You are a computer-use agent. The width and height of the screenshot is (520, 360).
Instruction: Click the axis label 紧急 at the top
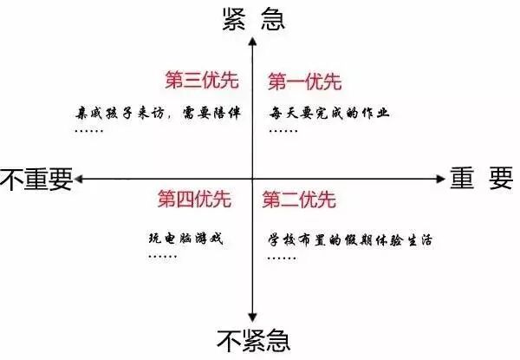click(x=253, y=16)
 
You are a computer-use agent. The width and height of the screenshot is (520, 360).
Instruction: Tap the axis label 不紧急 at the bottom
click(x=251, y=338)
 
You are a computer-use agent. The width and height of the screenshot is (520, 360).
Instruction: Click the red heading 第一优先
click(x=304, y=82)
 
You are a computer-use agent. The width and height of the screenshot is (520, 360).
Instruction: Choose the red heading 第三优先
click(x=199, y=80)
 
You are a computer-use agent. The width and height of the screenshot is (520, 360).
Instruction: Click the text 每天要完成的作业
click(x=329, y=114)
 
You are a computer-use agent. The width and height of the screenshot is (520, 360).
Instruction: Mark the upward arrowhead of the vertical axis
click(x=251, y=41)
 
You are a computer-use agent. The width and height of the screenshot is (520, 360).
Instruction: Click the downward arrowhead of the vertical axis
click(x=251, y=317)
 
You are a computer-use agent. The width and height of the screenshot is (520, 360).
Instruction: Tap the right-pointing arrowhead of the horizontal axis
click(x=438, y=179)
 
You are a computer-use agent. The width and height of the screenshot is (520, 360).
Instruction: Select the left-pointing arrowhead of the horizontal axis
click(x=80, y=179)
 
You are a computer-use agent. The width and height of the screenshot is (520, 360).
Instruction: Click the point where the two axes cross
click(x=251, y=179)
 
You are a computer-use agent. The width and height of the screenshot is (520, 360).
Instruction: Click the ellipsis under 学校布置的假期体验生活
click(x=279, y=258)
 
